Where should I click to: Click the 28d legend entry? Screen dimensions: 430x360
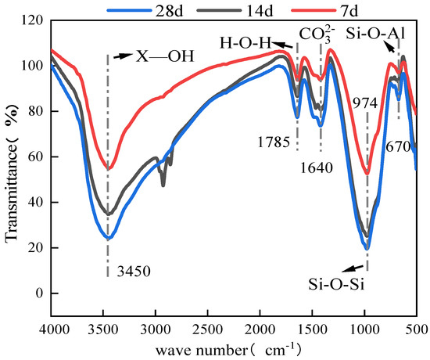point(145,11)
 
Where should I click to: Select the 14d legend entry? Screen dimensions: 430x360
point(235,11)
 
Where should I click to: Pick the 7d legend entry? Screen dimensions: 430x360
point(324,11)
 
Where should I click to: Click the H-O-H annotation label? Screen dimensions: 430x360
point(245,43)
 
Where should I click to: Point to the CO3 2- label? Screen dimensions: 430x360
point(317,34)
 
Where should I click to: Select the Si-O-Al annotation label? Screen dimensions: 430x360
point(375,34)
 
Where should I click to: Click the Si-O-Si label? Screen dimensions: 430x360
point(336,284)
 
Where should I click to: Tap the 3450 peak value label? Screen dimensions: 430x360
point(134,272)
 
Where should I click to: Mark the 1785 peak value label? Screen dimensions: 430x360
point(274,142)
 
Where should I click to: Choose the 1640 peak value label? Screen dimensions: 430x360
point(317,167)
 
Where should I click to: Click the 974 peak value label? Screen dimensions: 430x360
point(365,104)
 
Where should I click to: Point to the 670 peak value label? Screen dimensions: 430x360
point(398,147)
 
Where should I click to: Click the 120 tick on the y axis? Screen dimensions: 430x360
point(33,20)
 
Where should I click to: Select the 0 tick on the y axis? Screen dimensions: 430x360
point(40,293)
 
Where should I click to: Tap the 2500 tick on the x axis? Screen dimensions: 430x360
point(208,329)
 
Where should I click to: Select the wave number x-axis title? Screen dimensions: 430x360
point(228,350)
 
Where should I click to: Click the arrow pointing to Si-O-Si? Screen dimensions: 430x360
point(353,268)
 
